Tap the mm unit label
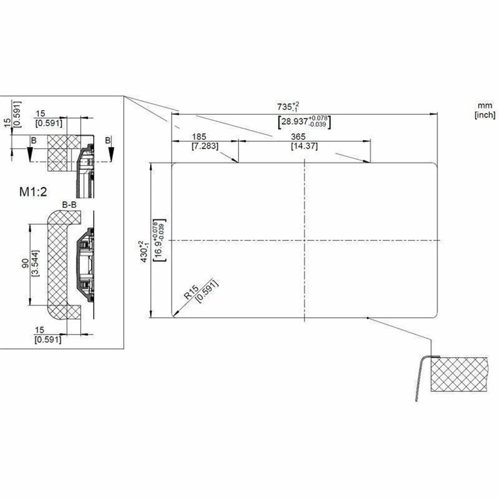(x=485, y=106)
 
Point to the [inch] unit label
(x=485, y=115)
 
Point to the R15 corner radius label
(x=191, y=291)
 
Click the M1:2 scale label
(x=33, y=192)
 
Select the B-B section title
(x=69, y=205)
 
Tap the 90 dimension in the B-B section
(x=24, y=264)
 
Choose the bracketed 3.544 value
(x=34, y=264)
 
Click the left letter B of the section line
(x=33, y=142)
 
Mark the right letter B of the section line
(x=107, y=141)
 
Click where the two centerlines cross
(x=304, y=240)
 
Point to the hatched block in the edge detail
(x=459, y=374)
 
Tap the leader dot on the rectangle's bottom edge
(x=367, y=317)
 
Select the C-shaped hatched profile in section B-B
(x=56, y=264)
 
